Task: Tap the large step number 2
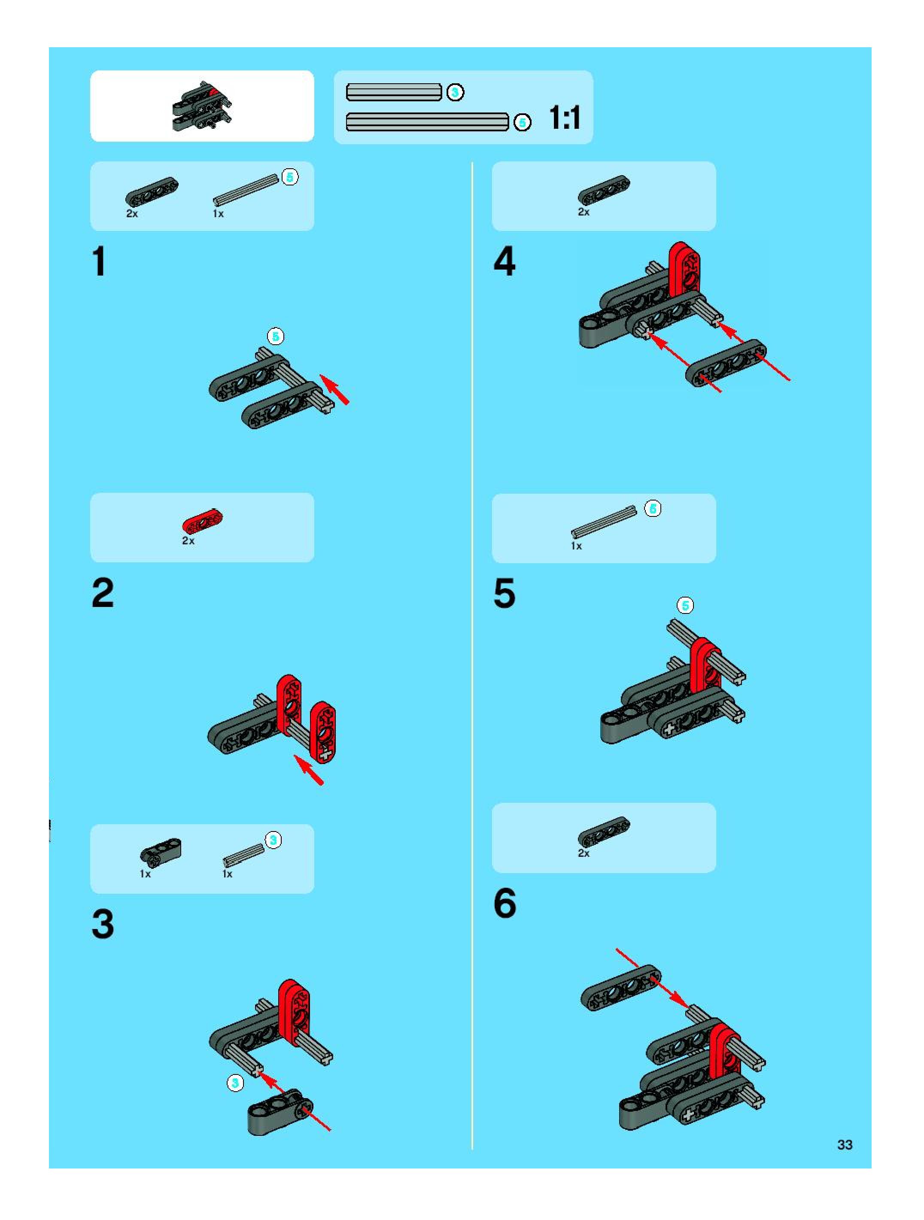tap(103, 593)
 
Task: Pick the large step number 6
tap(505, 903)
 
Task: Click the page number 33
tap(845, 1144)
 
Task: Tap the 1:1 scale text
tap(565, 118)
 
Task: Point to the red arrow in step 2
tap(309, 769)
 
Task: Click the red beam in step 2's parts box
tap(203, 522)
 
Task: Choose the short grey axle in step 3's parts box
tap(243, 854)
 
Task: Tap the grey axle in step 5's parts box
tap(604, 521)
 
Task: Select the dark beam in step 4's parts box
tap(604, 190)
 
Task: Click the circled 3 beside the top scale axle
tap(455, 92)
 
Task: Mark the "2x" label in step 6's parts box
tap(584, 853)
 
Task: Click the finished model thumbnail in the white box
tap(202, 106)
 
